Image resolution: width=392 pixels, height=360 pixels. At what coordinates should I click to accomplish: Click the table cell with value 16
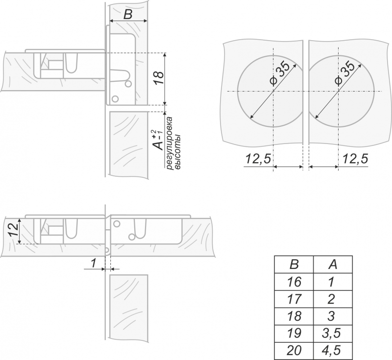pyautogui.click(x=294, y=282)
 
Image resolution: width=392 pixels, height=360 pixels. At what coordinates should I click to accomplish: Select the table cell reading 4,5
pyautogui.click(x=333, y=351)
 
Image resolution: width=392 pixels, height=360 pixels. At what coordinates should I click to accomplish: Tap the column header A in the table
pyautogui.click(x=333, y=264)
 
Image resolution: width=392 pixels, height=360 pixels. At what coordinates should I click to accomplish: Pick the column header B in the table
pyautogui.click(x=294, y=264)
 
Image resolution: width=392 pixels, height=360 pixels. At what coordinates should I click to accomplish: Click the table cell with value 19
pyautogui.click(x=294, y=334)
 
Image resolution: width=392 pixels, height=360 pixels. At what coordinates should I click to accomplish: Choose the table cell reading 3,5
pyautogui.click(x=333, y=334)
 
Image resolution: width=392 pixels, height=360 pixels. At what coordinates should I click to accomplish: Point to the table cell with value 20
pyautogui.click(x=294, y=351)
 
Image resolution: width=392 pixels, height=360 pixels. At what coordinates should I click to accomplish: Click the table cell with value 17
pyautogui.click(x=294, y=299)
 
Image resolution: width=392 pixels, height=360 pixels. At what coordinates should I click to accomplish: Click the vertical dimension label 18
pyautogui.click(x=158, y=78)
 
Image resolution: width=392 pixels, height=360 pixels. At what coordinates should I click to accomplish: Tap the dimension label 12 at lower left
pyautogui.click(x=13, y=230)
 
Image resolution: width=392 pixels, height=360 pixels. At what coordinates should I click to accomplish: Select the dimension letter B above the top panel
pyautogui.click(x=128, y=15)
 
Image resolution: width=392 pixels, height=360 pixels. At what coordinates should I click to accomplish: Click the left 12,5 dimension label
pyautogui.click(x=258, y=158)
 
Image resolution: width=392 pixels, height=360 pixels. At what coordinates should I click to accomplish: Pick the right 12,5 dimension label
pyautogui.click(x=355, y=158)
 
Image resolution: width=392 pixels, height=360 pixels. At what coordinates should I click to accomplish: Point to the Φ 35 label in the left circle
pyautogui.click(x=280, y=72)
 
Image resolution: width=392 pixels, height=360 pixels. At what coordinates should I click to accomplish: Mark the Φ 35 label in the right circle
pyautogui.click(x=344, y=72)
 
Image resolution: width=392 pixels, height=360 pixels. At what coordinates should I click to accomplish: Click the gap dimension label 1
pyautogui.click(x=93, y=263)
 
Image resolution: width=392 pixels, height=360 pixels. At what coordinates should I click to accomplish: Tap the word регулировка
pyautogui.click(x=170, y=143)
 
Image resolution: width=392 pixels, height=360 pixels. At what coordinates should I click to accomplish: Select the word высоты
pyautogui.click(x=177, y=152)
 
